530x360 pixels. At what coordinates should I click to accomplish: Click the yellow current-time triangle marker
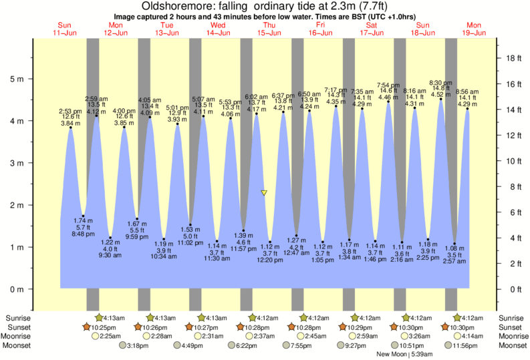point(264,193)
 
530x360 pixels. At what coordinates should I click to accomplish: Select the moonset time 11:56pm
point(463,345)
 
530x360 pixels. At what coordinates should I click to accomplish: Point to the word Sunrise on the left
point(17,318)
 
